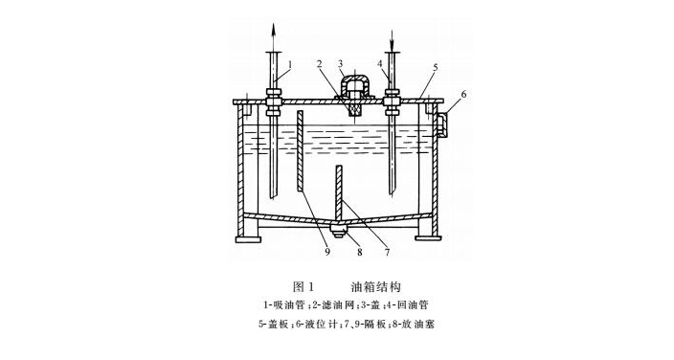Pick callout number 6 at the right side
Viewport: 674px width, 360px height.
464,95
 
